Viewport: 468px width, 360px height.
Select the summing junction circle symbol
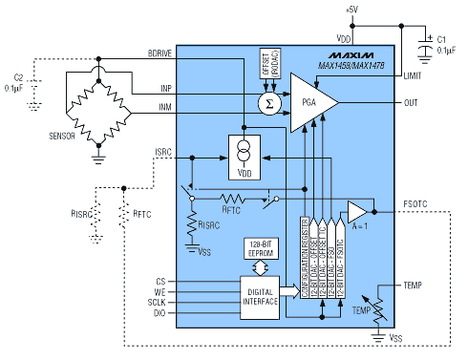(x=267, y=101)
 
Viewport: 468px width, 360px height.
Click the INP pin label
(x=166, y=90)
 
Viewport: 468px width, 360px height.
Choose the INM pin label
(x=166, y=110)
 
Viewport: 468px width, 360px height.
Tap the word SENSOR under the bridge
(x=62, y=137)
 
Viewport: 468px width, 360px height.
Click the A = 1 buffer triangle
(x=358, y=210)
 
